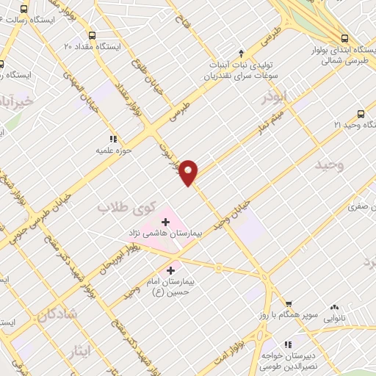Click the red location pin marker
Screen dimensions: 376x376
click(x=189, y=172)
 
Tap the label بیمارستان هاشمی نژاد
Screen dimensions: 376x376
click(x=163, y=232)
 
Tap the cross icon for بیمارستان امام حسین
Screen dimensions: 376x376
click(x=174, y=269)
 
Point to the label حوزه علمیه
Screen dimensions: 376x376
click(x=113, y=151)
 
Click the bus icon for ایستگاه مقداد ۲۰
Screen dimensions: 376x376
click(x=92, y=35)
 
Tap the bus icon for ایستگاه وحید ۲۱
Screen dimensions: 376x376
click(x=360, y=114)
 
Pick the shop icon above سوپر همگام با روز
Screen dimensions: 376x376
click(x=289, y=304)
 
